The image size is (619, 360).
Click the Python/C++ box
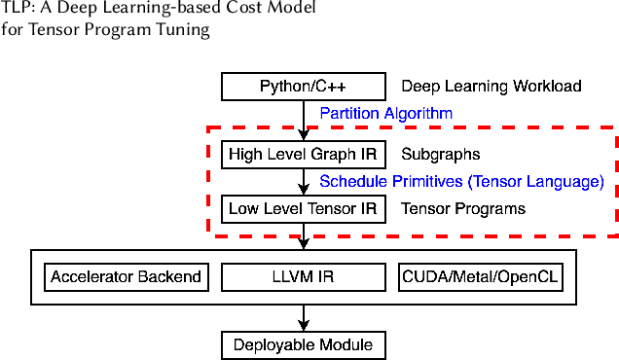(x=305, y=87)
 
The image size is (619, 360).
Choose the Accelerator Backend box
(x=127, y=276)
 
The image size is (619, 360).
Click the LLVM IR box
(x=305, y=276)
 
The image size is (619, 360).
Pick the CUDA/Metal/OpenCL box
(x=481, y=276)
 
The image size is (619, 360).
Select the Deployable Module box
(x=305, y=344)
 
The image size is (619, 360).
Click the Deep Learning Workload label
(x=492, y=87)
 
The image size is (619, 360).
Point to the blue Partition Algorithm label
(x=386, y=113)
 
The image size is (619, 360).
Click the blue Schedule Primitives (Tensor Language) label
(x=461, y=181)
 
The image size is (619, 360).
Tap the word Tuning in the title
(x=185, y=29)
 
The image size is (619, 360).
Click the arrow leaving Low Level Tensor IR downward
(x=305, y=235)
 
